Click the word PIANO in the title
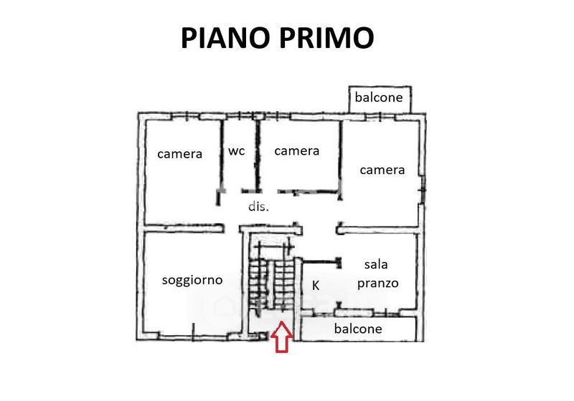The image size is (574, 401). (224, 37)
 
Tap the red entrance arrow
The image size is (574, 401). (283, 337)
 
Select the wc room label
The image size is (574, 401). (237, 151)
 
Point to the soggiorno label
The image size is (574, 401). (192, 280)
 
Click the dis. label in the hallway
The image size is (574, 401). (258, 206)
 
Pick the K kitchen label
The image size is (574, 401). (315, 285)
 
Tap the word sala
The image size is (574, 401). (376, 265)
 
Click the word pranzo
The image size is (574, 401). (377, 283)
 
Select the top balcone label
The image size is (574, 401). (380, 97)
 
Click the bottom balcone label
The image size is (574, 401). (358, 329)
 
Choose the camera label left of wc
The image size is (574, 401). (180, 153)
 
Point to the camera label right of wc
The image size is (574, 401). (296, 150)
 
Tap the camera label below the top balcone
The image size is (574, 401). (382, 170)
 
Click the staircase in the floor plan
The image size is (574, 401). (270, 279)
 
